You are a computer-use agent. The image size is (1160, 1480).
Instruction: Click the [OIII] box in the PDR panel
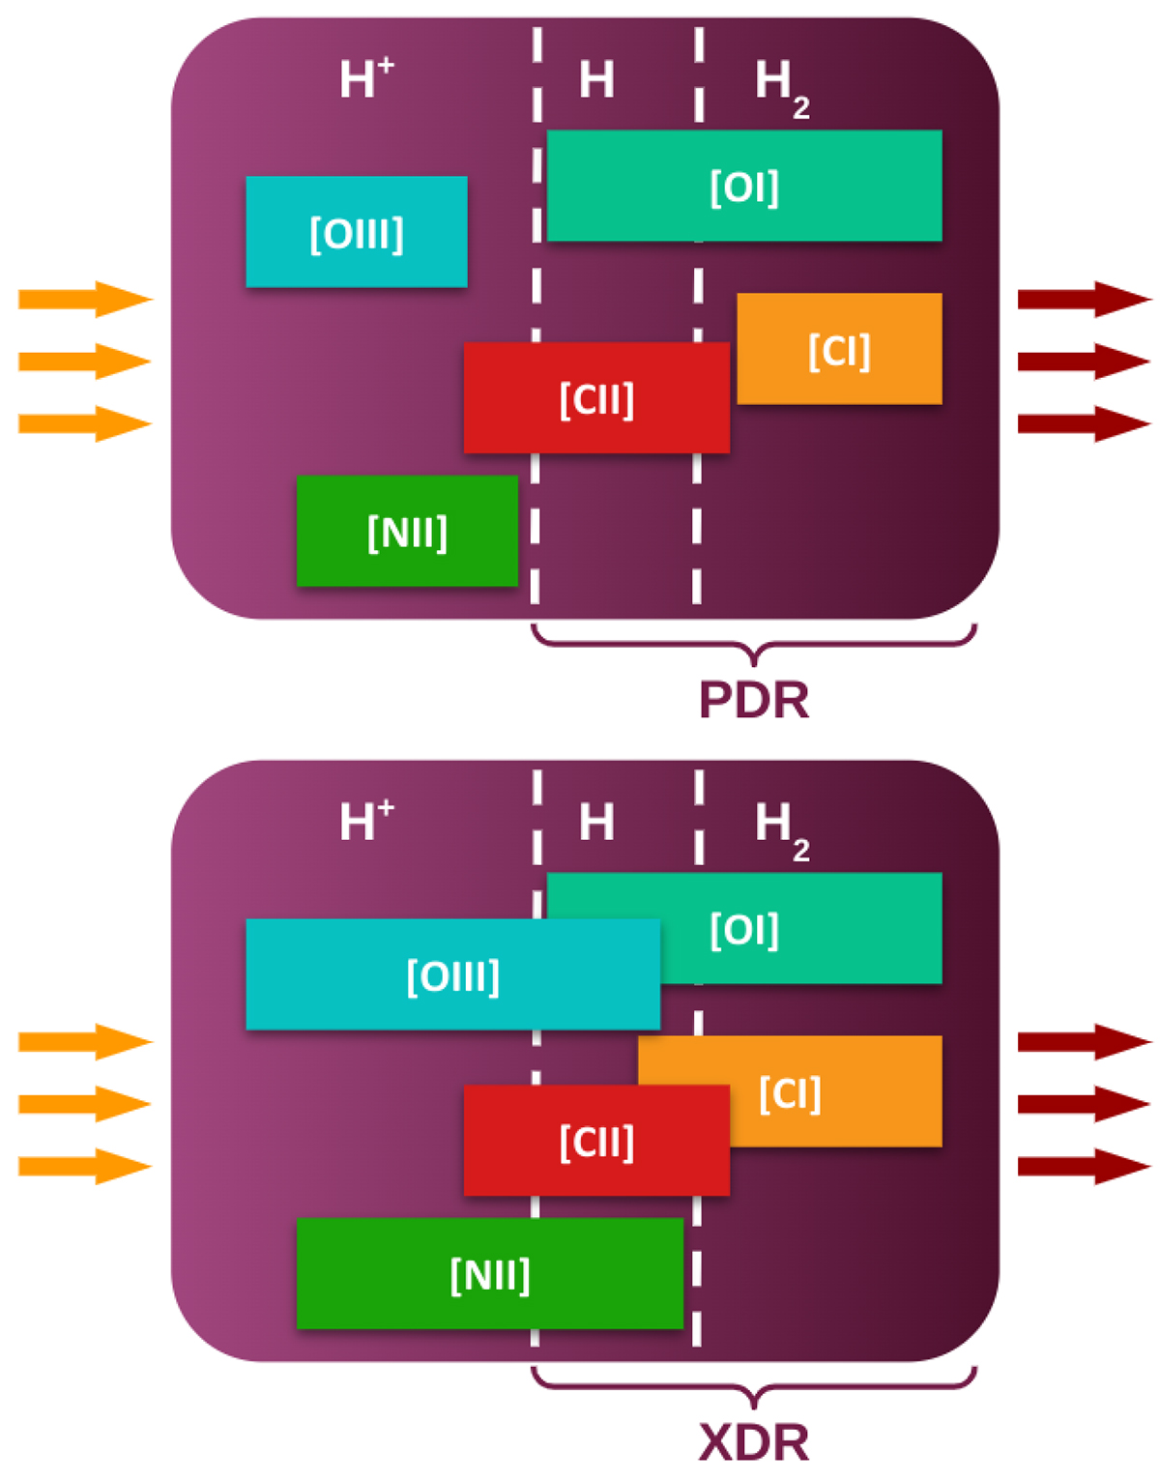[357, 232]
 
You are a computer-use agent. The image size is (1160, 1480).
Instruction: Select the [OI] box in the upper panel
[744, 186]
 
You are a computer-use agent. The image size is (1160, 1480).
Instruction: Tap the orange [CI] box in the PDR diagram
[839, 349]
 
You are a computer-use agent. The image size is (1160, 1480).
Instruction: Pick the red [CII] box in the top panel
[596, 397]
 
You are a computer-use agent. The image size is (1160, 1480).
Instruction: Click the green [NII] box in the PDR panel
[407, 531]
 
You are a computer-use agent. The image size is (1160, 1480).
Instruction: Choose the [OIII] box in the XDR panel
[452, 974]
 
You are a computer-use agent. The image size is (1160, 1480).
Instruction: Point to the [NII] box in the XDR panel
[489, 1273]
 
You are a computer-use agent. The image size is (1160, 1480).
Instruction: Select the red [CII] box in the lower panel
[596, 1141]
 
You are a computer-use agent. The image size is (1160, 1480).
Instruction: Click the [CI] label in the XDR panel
[790, 1093]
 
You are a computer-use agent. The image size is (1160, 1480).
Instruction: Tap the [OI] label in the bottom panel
[744, 929]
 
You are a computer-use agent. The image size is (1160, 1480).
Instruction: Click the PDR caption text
[753, 701]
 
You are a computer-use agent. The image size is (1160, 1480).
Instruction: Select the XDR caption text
[753, 1443]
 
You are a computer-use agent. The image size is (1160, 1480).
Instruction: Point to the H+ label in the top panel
[366, 78]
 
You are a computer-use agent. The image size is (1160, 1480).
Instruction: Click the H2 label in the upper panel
[781, 85]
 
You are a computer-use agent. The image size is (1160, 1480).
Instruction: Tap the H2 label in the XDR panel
[781, 828]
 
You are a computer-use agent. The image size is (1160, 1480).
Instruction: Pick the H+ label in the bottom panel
[366, 821]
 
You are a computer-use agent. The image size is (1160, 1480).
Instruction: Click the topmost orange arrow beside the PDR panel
[85, 299]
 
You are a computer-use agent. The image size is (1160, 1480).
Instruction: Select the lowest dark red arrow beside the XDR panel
[1084, 1166]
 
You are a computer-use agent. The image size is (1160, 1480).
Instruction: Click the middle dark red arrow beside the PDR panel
[1084, 362]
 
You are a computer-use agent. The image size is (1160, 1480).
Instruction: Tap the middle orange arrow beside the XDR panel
[85, 1104]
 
